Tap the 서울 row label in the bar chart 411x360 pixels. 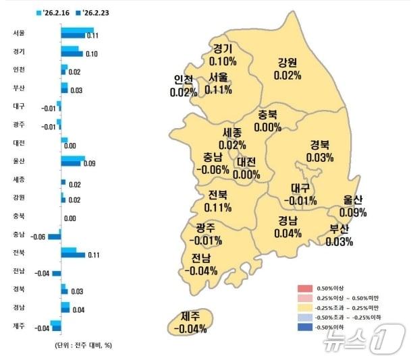(19, 33)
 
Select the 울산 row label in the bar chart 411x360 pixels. (19, 161)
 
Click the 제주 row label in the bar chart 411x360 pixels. (19, 326)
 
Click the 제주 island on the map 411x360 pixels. (190, 322)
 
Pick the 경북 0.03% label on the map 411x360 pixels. (320, 152)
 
